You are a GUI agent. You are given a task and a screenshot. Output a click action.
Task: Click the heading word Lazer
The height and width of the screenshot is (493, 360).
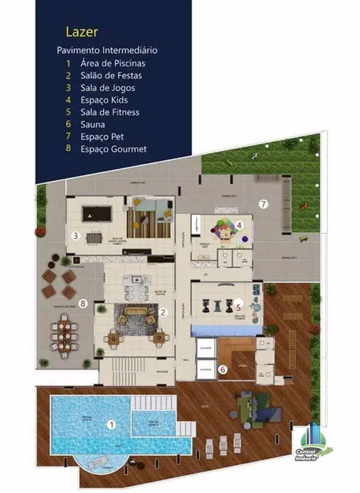80,32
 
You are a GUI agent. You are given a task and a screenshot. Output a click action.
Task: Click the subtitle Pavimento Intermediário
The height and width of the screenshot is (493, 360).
107,49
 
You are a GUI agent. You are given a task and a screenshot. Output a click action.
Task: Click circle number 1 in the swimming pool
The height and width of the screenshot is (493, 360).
111,425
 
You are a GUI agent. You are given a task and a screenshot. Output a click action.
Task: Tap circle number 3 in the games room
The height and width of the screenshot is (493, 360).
75,236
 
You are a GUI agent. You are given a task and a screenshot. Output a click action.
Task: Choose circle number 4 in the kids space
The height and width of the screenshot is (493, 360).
238,225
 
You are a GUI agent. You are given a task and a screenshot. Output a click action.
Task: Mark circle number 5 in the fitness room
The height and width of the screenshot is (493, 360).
237,307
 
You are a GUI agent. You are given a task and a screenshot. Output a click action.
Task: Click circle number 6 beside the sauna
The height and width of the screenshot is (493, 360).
223,370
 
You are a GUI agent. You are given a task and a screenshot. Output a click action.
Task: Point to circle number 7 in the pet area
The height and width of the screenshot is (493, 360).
263,203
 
